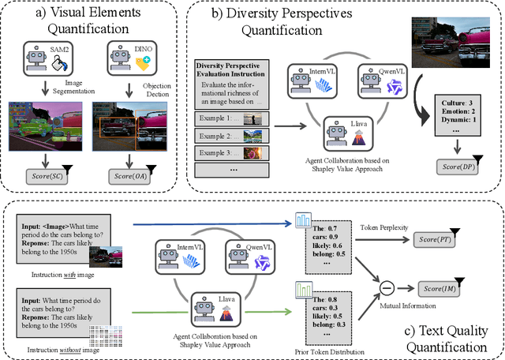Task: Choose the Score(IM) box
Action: click(440, 290)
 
